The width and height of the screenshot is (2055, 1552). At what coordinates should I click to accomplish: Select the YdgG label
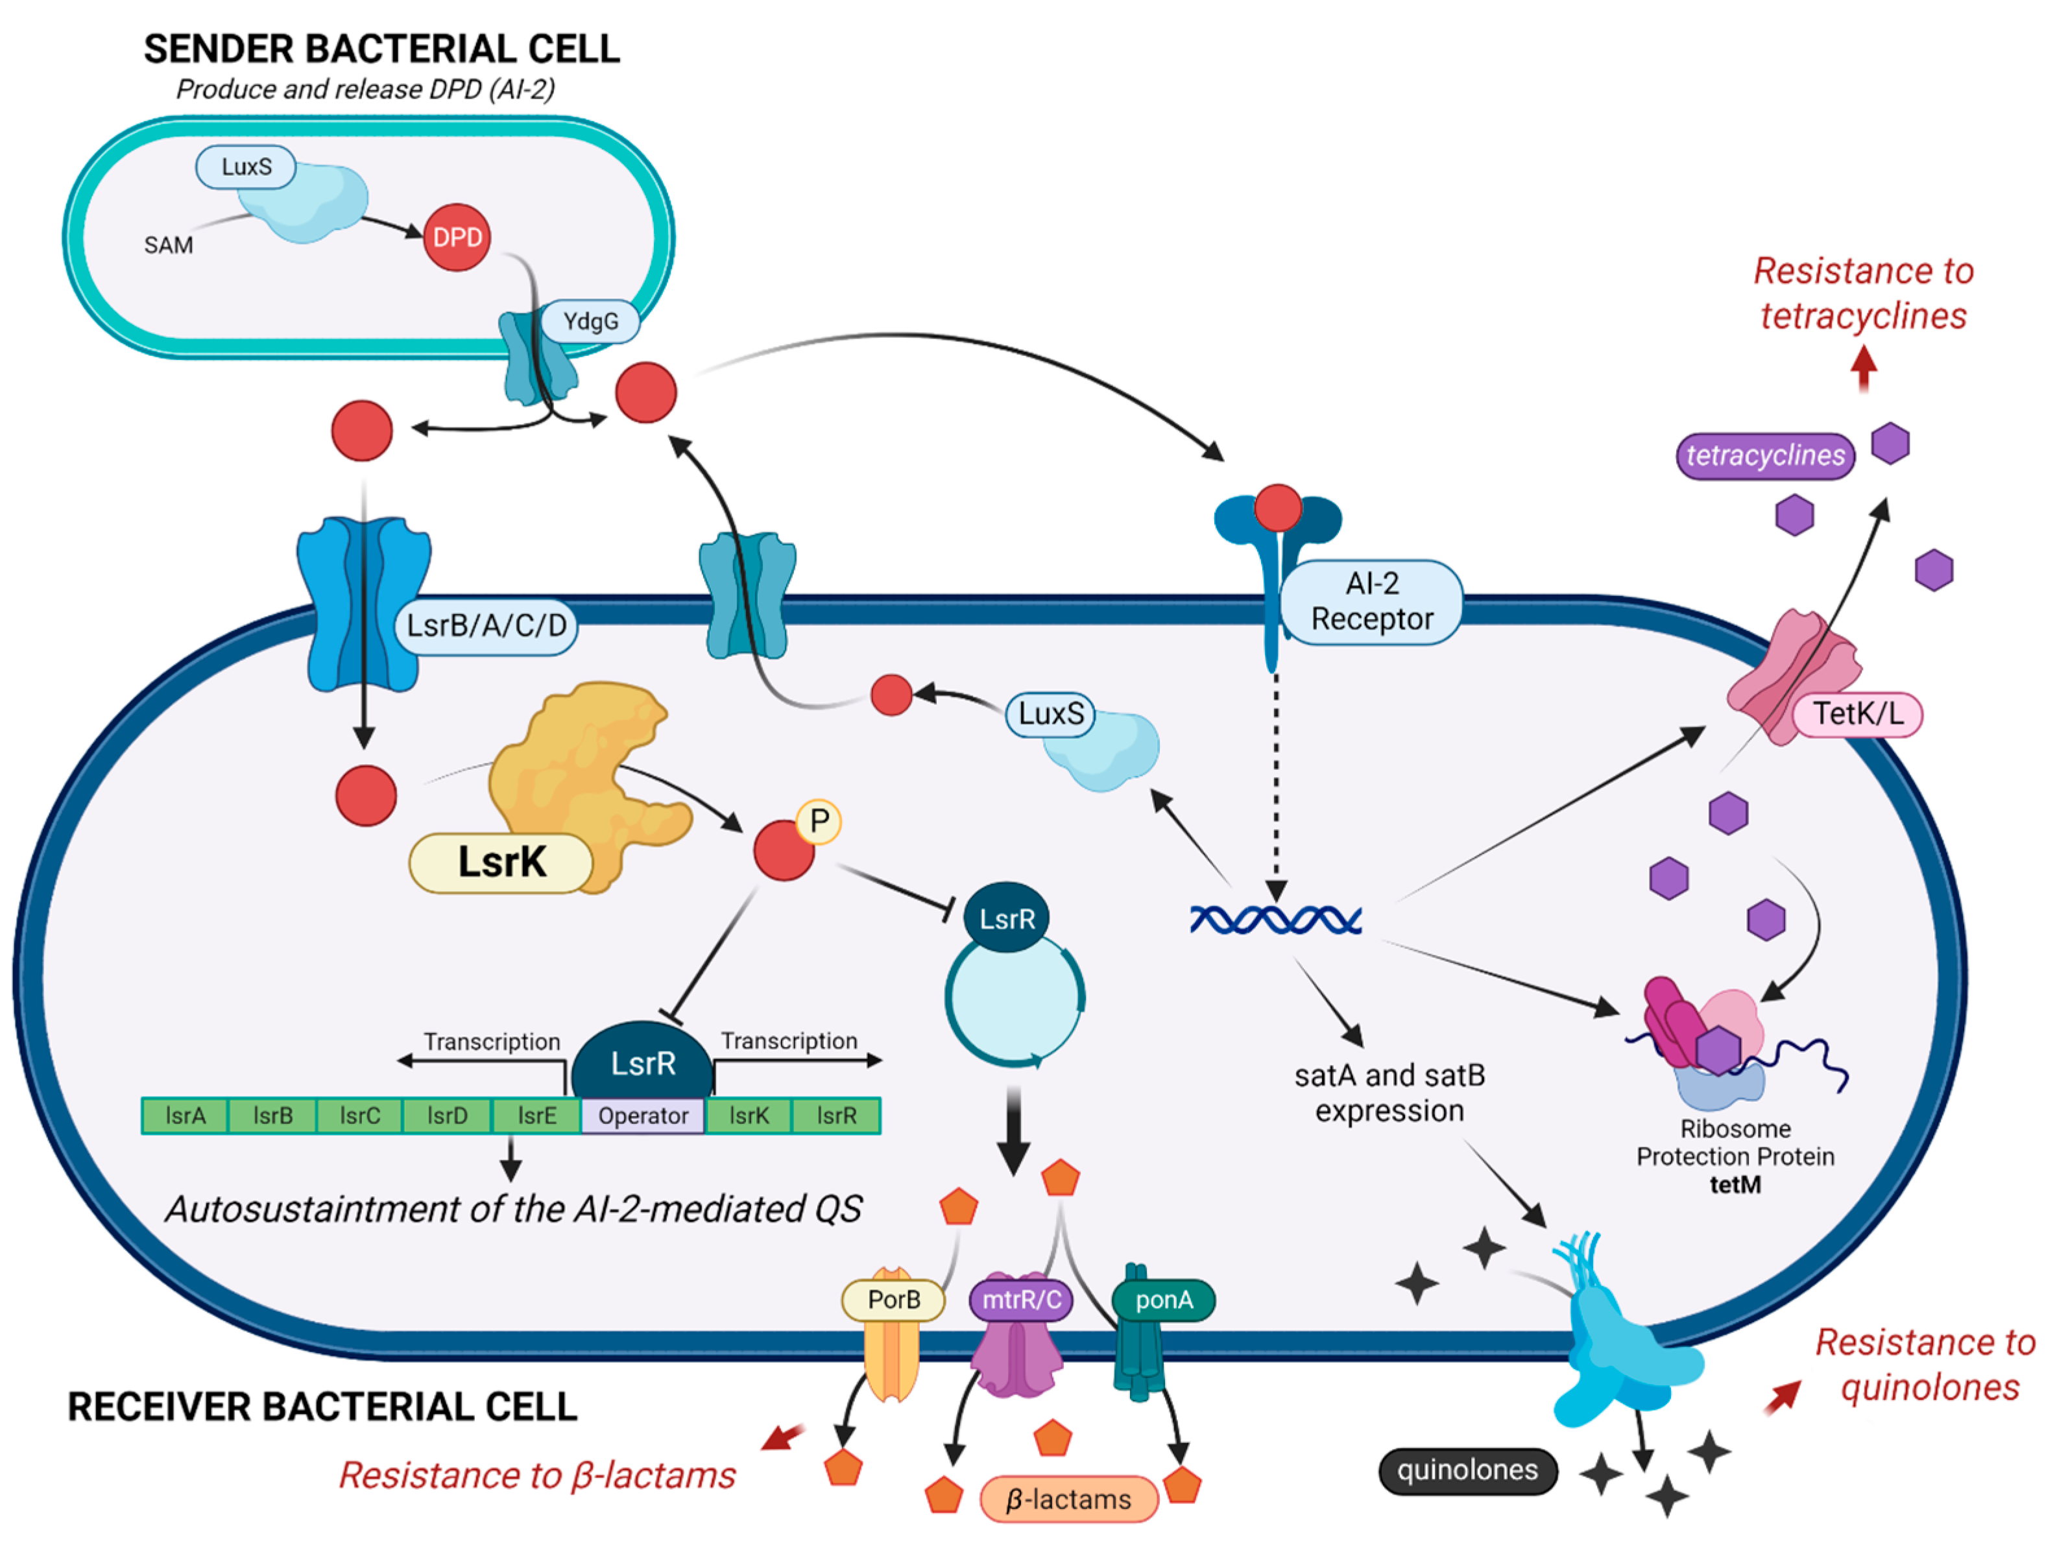tap(590, 321)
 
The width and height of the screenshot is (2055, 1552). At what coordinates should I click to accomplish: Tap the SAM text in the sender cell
tap(168, 245)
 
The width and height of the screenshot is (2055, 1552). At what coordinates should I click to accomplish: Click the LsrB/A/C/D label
tap(487, 625)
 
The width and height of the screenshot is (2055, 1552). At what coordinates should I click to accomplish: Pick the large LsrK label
tap(501, 863)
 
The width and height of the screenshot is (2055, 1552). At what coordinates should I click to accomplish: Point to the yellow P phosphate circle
tap(819, 821)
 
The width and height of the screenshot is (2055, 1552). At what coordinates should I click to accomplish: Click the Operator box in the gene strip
tap(643, 1116)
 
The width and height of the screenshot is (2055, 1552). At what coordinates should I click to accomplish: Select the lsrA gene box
tap(185, 1116)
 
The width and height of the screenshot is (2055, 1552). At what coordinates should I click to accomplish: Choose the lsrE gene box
tap(537, 1116)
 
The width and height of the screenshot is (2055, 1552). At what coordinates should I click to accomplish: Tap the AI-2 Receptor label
tap(1372, 601)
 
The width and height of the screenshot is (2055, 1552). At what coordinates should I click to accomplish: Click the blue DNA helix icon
tap(1275, 920)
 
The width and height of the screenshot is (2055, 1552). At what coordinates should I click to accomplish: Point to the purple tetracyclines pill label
tap(1765, 456)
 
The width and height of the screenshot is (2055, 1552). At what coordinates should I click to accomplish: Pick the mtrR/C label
tap(1021, 1299)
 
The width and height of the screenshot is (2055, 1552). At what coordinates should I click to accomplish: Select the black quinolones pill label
tap(1468, 1470)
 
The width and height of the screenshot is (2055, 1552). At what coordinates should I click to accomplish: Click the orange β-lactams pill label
tap(1069, 1499)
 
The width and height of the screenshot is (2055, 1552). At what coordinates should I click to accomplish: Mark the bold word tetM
tap(1735, 1184)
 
